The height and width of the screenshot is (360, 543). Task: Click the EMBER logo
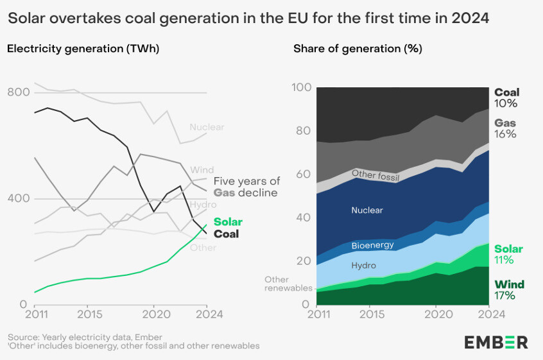click(496, 342)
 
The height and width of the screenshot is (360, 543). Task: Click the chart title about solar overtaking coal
click(248, 18)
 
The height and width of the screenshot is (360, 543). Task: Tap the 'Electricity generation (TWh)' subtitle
click(83, 48)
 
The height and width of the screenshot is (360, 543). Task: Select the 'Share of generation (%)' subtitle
click(358, 48)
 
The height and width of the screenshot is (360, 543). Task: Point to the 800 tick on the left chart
click(20, 92)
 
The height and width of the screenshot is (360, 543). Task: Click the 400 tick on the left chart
click(20, 198)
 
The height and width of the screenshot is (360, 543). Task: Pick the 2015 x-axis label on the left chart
click(87, 314)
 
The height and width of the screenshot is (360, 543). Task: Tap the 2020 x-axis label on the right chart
click(436, 314)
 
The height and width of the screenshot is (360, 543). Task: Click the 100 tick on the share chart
click(301, 88)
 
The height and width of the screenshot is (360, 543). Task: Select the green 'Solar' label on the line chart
click(228, 222)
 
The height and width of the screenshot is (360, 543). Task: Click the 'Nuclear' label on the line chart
click(207, 127)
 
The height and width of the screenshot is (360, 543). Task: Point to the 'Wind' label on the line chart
click(202, 170)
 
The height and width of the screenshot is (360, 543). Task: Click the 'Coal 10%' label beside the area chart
click(506, 98)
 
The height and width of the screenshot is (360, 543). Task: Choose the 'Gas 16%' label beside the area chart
click(505, 128)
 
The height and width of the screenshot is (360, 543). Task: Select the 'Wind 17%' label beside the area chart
click(509, 290)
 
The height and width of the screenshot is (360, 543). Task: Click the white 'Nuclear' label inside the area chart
click(367, 210)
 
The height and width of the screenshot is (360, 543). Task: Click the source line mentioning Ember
click(85, 337)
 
